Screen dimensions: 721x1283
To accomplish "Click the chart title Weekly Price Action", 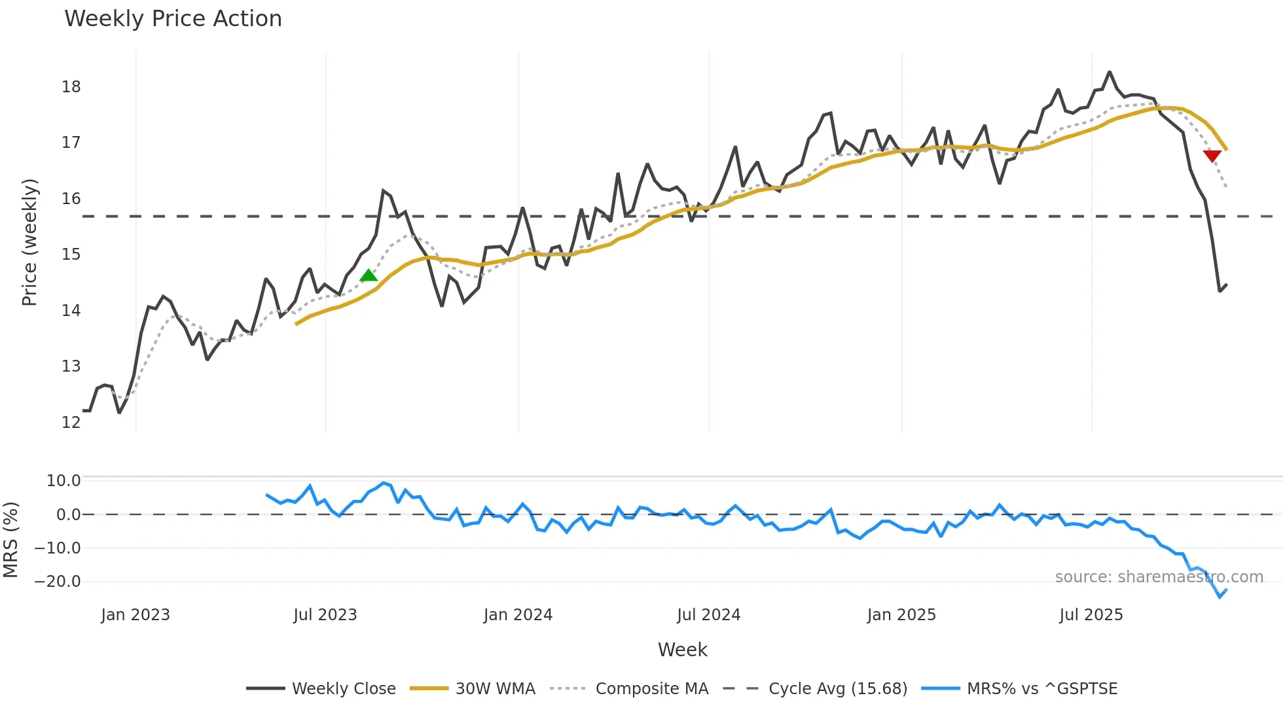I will tap(173, 19).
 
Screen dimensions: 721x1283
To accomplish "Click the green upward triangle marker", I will tap(369, 275).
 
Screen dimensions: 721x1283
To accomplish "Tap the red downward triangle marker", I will tap(1212, 156).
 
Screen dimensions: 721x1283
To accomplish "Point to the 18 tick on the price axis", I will tap(71, 87).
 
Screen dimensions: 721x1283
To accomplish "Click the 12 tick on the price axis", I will tap(71, 423).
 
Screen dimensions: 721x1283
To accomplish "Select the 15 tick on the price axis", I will tap(71, 255).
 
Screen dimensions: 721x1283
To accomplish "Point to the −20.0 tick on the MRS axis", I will tap(58, 582).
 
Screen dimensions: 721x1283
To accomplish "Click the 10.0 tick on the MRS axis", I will tap(63, 481).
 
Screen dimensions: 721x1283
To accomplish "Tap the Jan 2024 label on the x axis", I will tap(518, 615).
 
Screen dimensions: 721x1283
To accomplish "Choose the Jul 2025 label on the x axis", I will tap(1091, 615).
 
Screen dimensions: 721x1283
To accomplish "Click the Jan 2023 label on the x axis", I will tap(136, 615).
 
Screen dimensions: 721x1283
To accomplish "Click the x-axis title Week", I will tap(682, 650).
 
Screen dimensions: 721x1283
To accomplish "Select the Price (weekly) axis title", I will tap(29, 242).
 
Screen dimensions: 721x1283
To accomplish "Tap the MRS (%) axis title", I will tap(10, 540).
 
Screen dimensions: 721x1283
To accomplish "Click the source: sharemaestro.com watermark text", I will tap(1159, 577).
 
